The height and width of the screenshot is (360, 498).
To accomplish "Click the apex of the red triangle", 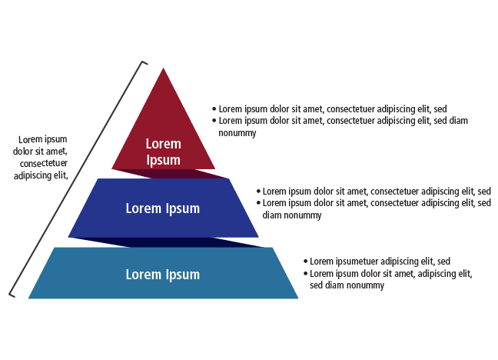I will tap(163, 70).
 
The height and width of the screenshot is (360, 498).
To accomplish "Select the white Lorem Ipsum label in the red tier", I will tap(163, 152).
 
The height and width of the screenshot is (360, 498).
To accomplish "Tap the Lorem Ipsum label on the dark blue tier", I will tap(163, 208).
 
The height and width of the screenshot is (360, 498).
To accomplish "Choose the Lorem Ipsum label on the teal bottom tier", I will tap(163, 275).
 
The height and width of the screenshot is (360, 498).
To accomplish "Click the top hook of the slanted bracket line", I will tap(142, 62).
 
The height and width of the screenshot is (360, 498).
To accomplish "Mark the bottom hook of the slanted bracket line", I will tap(11, 293).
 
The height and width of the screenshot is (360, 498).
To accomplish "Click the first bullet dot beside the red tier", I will tap(214, 109).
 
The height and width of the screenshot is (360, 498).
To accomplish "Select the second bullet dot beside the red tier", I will tap(214, 121).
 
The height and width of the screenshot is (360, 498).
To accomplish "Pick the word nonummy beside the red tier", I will tap(237, 133).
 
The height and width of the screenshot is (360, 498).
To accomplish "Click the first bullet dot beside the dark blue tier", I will tap(258, 191).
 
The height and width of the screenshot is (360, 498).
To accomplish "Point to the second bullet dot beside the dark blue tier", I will tap(258, 202).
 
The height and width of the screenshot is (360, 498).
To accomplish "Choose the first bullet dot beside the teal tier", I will tap(305, 262).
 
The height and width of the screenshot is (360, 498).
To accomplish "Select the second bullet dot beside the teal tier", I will tap(305, 274).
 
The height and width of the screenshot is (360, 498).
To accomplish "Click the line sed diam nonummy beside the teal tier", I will tap(347, 285).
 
